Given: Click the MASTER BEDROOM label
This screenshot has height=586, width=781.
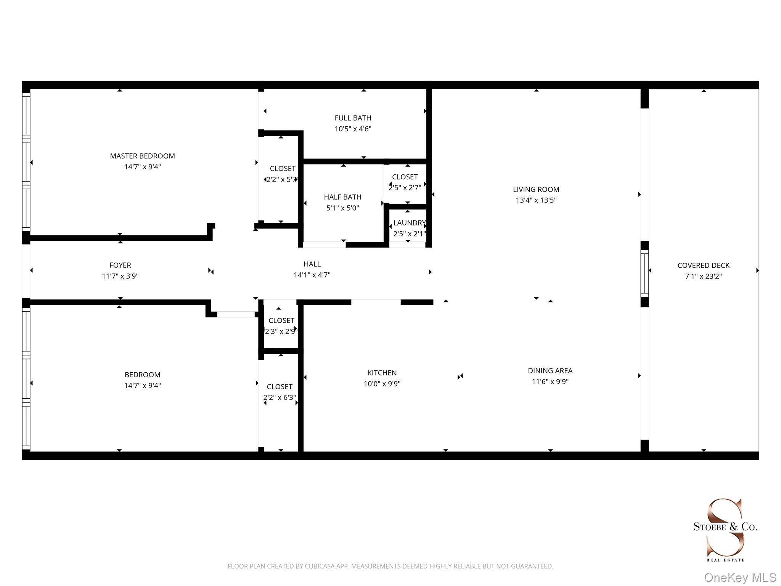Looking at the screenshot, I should (142, 156).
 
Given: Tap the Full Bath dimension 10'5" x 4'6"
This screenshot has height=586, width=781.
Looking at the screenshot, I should (353, 129).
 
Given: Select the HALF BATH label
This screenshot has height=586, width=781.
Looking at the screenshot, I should (342, 197).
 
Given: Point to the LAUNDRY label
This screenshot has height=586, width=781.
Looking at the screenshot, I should (409, 223).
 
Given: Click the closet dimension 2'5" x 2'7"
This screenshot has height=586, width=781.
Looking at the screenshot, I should (405, 188).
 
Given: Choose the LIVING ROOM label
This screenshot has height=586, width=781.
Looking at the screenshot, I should (536, 189).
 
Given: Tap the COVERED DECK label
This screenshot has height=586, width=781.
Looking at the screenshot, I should (703, 265).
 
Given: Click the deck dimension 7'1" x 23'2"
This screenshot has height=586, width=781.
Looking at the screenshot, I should (703, 276).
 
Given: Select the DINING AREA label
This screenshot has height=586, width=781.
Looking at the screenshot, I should (550, 370).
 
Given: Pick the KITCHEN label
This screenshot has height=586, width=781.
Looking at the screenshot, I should (382, 373).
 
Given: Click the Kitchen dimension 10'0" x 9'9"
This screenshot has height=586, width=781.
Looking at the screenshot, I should (382, 384).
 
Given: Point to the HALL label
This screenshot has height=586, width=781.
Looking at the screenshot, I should (312, 264).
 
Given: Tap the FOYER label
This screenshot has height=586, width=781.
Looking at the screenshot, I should (120, 265).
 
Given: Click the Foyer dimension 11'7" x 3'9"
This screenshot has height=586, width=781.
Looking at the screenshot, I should (120, 276).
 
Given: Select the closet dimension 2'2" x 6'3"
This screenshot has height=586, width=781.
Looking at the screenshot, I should (280, 398).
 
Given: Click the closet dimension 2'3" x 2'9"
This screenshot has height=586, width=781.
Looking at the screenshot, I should (281, 332).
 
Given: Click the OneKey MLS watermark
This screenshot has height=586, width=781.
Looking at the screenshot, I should (740, 578).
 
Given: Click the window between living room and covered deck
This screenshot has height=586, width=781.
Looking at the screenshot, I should (644, 273).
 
